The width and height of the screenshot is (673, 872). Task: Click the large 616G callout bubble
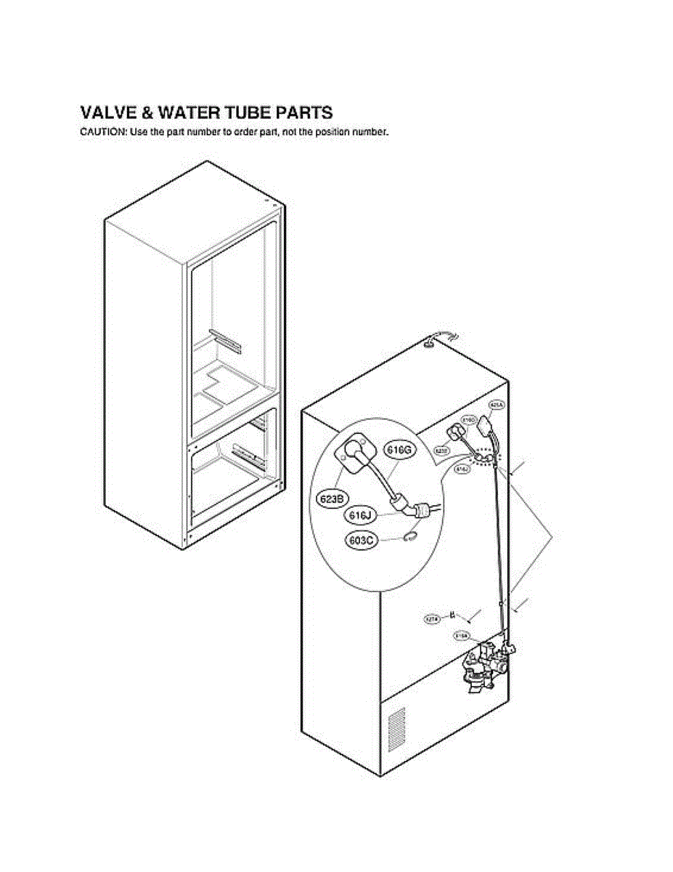coord(398,451)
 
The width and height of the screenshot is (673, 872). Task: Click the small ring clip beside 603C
coord(410,536)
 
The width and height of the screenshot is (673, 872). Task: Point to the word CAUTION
coord(102,132)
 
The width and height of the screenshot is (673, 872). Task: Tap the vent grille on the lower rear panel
coord(396,728)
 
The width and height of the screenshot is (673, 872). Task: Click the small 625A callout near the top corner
coord(497,405)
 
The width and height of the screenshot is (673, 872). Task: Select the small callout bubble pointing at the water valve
coord(461,637)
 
